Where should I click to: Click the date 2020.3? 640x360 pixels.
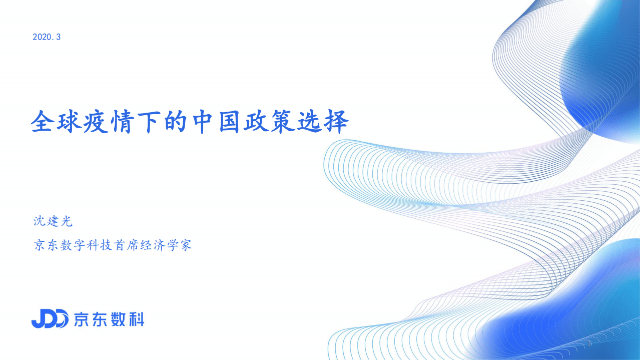(47, 37)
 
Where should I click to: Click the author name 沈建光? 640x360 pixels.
(53, 221)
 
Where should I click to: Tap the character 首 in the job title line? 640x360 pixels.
(120, 246)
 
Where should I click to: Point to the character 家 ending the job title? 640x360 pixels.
(185, 246)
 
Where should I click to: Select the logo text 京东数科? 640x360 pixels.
(109, 319)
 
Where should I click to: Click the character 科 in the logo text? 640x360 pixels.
(135, 319)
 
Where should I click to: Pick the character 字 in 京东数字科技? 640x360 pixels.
(79, 246)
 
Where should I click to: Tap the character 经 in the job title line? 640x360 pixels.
(146, 246)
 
